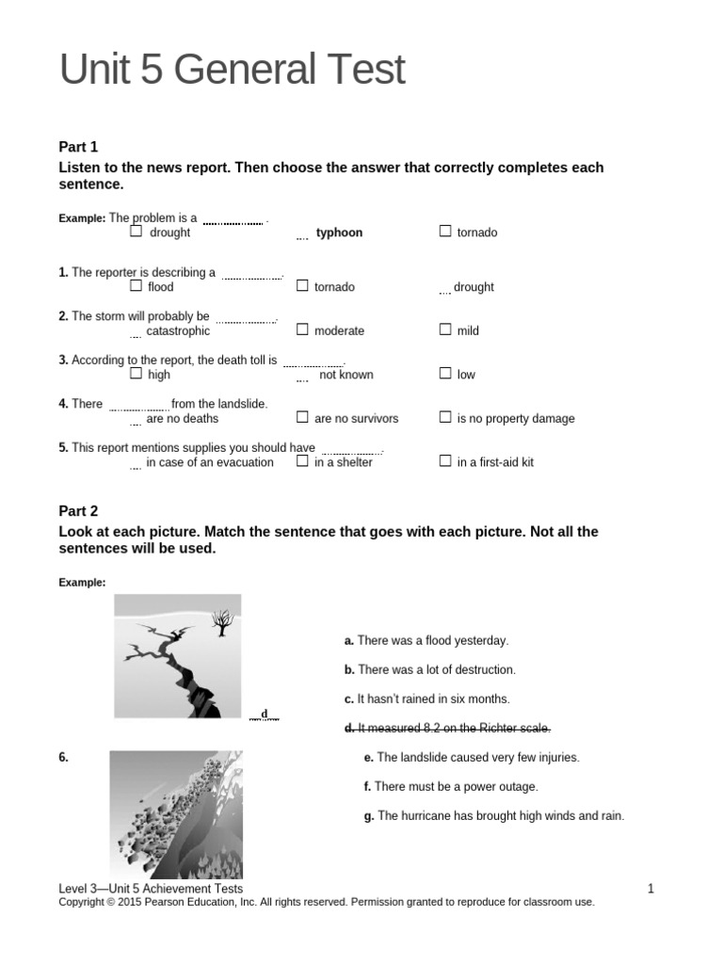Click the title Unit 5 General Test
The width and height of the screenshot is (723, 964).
pyautogui.click(x=232, y=71)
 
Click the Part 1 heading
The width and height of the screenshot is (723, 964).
pyautogui.click(x=78, y=147)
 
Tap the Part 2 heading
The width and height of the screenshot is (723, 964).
pyautogui.click(x=78, y=511)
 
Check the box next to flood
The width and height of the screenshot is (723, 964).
pyautogui.click(x=137, y=285)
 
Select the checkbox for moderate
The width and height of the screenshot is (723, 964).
pyautogui.click(x=302, y=329)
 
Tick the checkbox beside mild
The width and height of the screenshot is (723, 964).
pyautogui.click(x=445, y=329)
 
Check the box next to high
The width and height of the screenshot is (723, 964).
pyautogui.click(x=137, y=374)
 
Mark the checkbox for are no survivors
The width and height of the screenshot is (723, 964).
pyautogui.click(x=302, y=417)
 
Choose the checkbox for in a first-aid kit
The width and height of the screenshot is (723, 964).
pyautogui.click(x=445, y=461)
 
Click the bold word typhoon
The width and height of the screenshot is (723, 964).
pyautogui.click(x=339, y=233)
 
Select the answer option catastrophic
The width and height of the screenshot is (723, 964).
pyautogui.click(x=178, y=331)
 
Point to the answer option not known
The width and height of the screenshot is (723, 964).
pyautogui.click(x=345, y=375)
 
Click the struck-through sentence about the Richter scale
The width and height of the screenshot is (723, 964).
pyautogui.click(x=447, y=728)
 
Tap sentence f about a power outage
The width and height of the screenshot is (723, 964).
pyautogui.click(x=451, y=786)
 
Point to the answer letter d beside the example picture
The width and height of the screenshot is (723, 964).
pyautogui.click(x=265, y=714)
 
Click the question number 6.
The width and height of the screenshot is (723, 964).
pyautogui.click(x=63, y=757)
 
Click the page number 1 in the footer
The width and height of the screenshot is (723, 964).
pyautogui.click(x=651, y=888)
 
